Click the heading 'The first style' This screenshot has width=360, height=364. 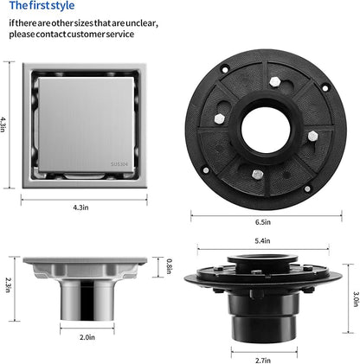(x=42, y=5)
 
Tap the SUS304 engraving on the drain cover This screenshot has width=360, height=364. (x=119, y=164)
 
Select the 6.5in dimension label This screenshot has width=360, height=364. (x=263, y=222)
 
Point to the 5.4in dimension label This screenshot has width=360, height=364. (x=262, y=240)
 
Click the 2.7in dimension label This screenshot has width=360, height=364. (x=263, y=361)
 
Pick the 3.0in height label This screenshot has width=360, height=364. (x=357, y=299)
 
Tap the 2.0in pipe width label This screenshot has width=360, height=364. (x=87, y=337)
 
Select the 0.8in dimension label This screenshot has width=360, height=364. (x=170, y=266)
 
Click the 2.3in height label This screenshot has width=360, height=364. (x=8, y=284)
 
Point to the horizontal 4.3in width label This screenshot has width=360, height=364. (x=80, y=208)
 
